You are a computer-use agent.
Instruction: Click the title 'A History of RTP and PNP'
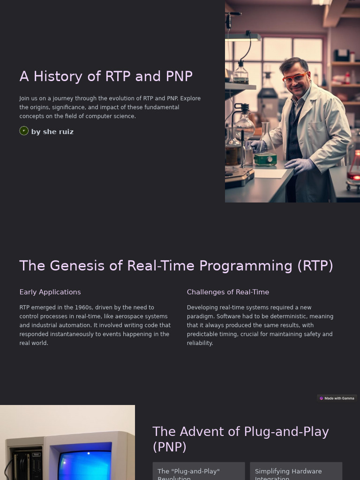[x=106, y=76]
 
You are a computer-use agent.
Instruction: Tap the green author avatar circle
[x=24, y=131]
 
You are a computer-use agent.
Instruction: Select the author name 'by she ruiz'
[x=52, y=132]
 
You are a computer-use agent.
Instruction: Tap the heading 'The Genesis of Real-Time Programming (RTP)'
[x=176, y=266]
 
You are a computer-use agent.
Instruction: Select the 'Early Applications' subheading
[x=50, y=292]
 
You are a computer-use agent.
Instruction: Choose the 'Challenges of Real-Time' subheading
[x=228, y=292]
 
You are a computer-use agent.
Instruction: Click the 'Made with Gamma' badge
[x=337, y=398]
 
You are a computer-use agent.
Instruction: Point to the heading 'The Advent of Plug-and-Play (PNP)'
[x=240, y=439]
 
